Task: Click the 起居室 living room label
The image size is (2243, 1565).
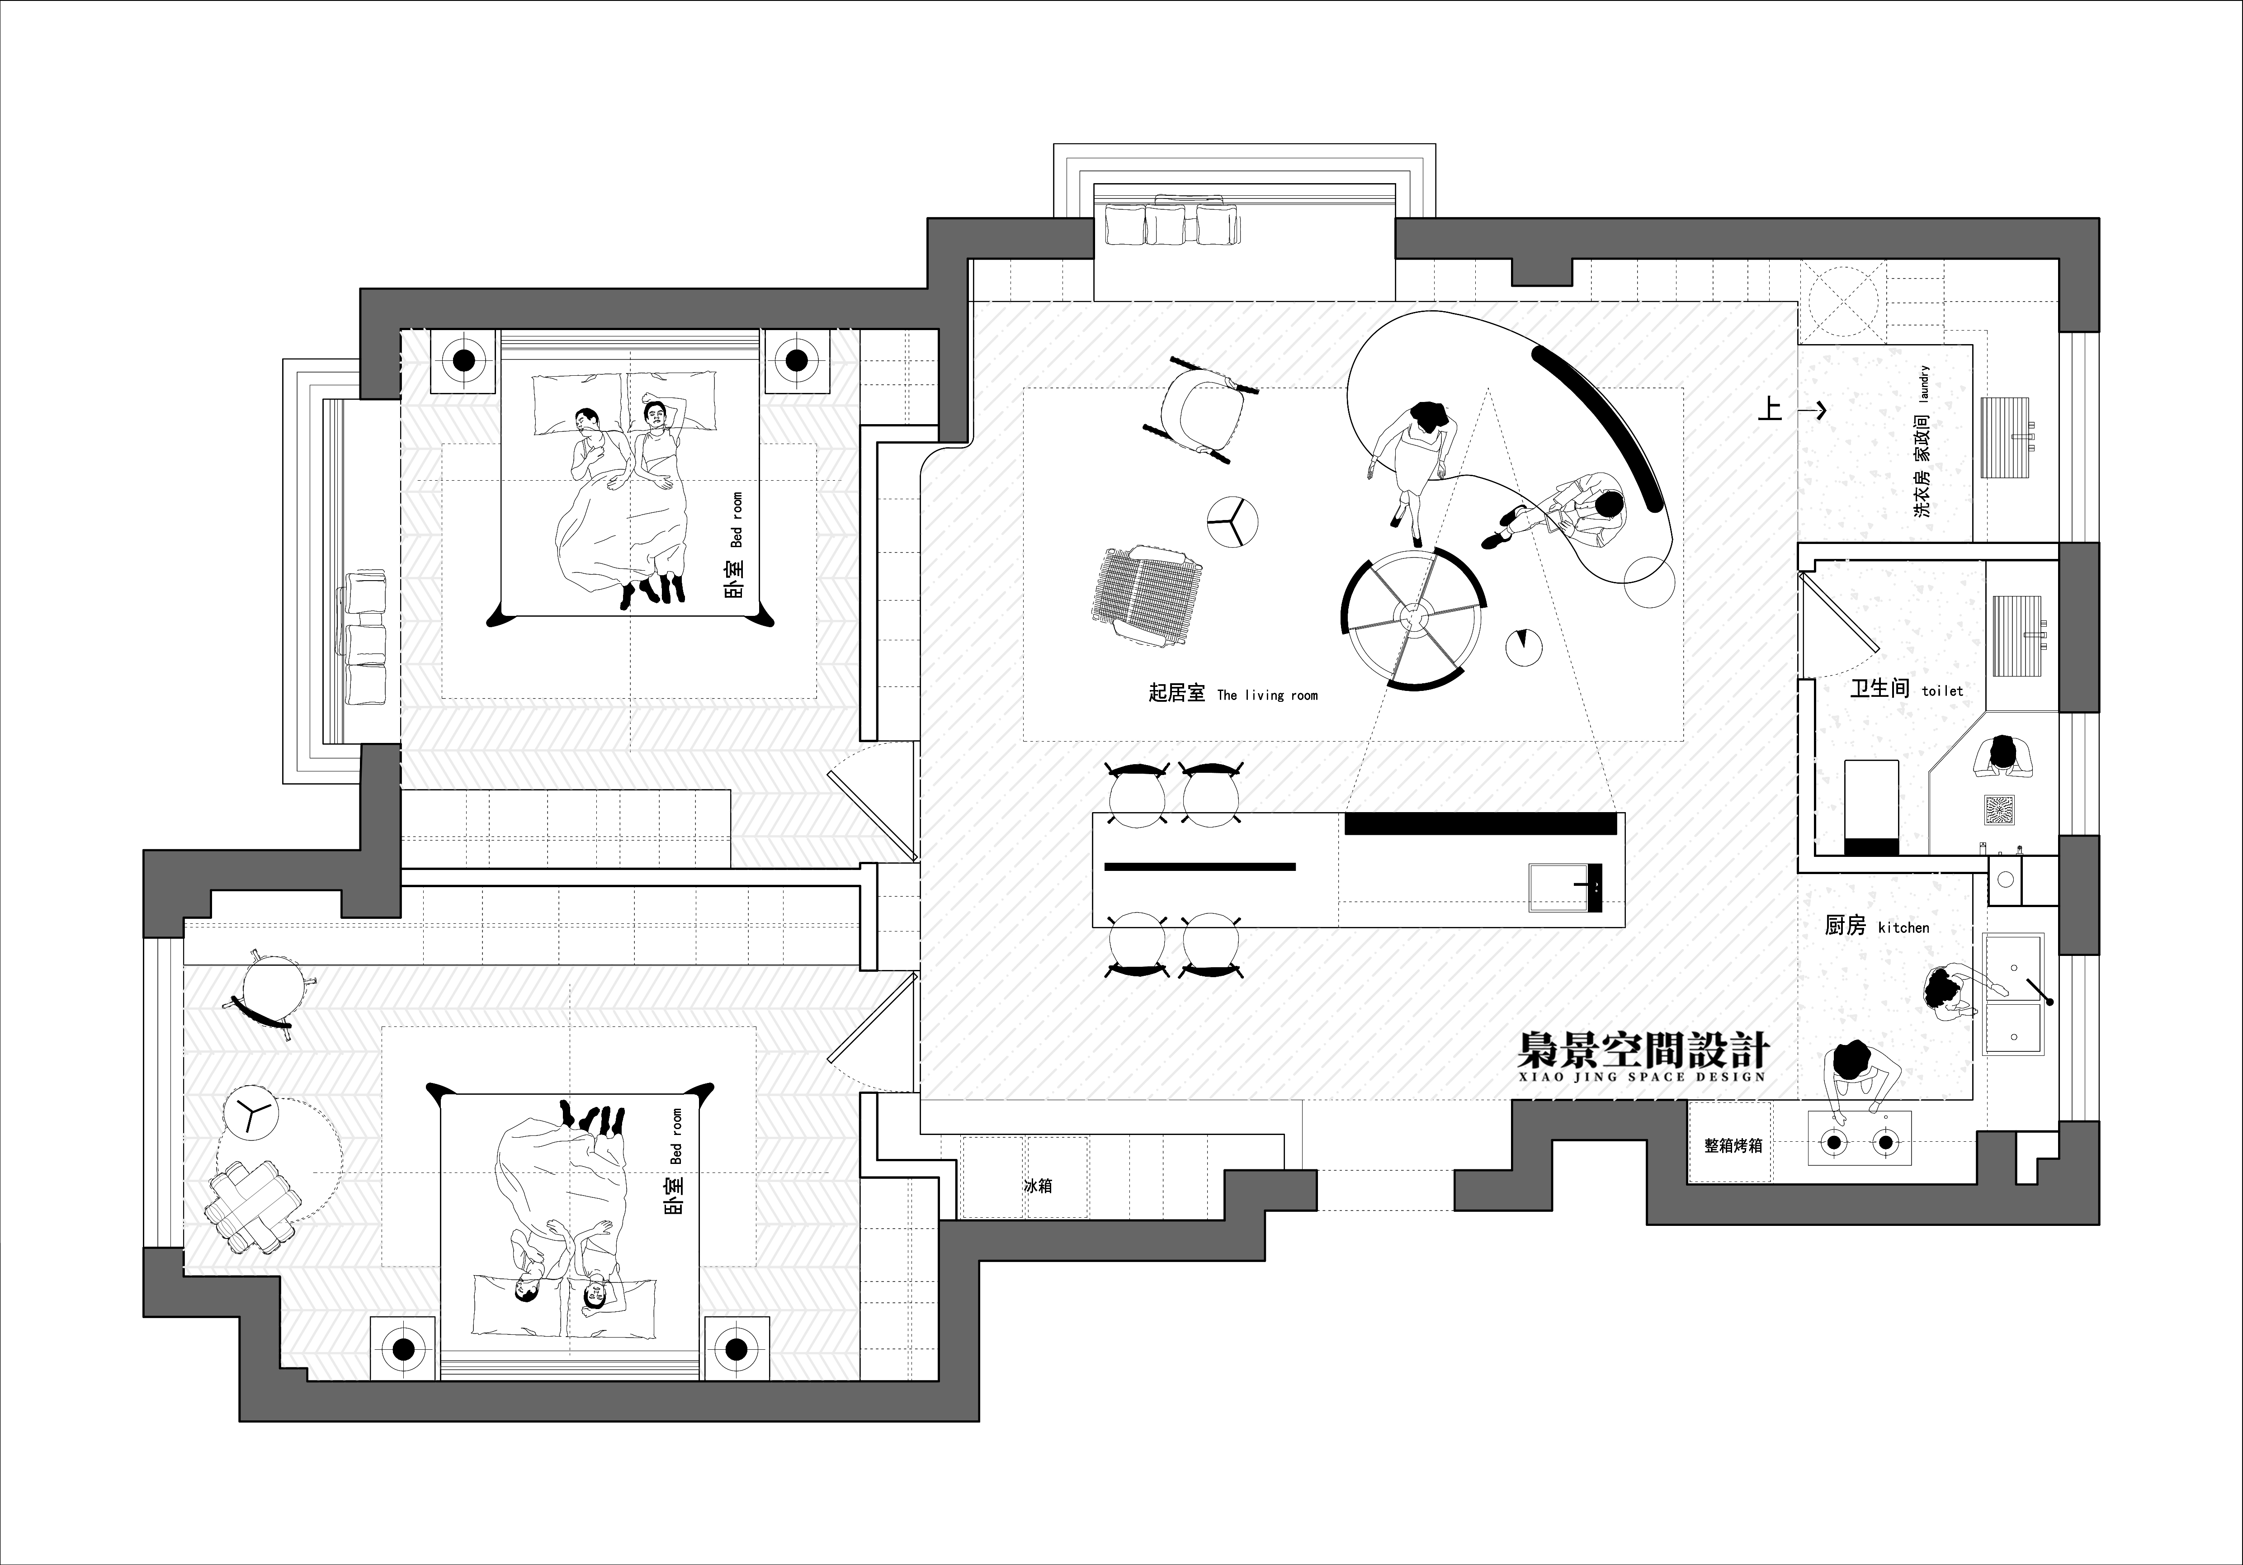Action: [1233, 694]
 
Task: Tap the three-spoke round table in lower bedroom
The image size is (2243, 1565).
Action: [250, 1112]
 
